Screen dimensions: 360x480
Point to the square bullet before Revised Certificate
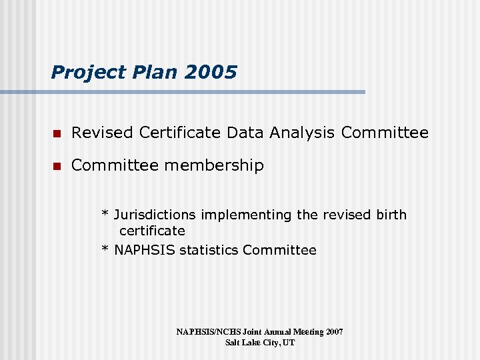click(x=57, y=133)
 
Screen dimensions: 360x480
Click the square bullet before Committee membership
click(x=57, y=165)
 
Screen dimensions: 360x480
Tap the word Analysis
click(x=302, y=133)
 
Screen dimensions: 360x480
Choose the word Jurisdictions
click(x=156, y=215)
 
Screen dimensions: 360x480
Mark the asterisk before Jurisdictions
click(x=105, y=215)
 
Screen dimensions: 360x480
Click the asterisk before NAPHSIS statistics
click(x=105, y=250)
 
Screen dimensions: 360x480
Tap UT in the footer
click(x=289, y=343)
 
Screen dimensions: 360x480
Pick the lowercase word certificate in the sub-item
click(x=152, y=231)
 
